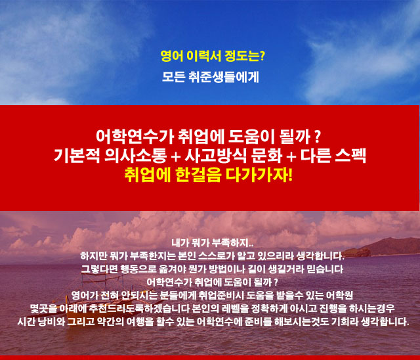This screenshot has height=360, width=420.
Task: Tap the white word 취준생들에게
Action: (224, 77)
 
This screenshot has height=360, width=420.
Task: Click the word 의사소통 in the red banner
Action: (136, 156)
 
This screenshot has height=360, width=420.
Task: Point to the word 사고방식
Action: (216, 156)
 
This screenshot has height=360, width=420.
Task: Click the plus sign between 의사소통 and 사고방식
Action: (176, 156)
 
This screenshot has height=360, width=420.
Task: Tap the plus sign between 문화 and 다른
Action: (291, 156)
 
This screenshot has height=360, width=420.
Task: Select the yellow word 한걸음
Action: (198, 175)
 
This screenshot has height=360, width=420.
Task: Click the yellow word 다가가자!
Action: (259, 175)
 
